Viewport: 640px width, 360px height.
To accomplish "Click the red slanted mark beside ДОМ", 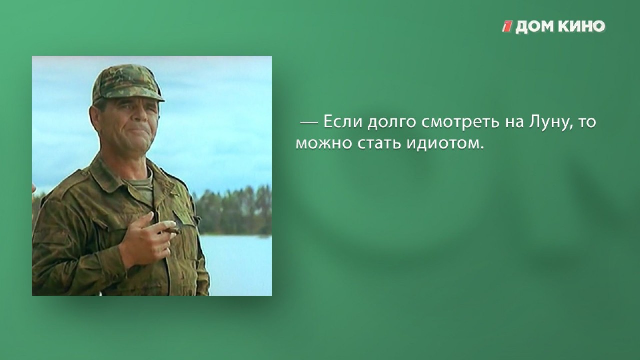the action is pos(508,27).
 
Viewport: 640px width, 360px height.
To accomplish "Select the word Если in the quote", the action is pos(343,122).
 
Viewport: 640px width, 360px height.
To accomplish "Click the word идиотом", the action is pos(445,143).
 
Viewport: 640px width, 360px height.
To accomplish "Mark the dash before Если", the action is pos(309,123).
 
